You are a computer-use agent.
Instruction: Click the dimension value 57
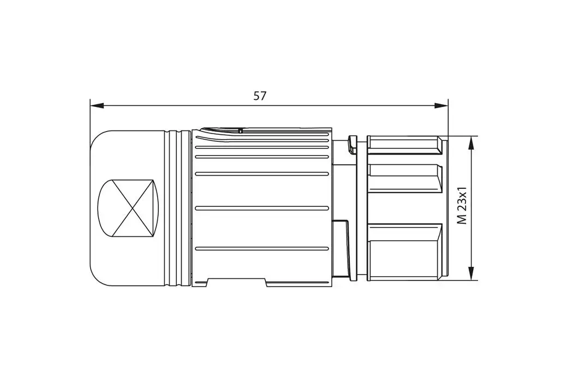click(x=260, y=96)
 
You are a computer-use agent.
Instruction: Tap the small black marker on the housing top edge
click(x=240, y=131)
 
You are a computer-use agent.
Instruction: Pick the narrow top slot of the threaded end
click(x=405, y=144)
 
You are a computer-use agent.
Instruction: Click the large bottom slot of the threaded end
click(x=405, y=252)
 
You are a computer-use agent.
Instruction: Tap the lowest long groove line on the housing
click(x=262, y=249)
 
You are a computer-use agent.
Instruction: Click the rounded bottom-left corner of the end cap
click(x=97, y=279)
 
